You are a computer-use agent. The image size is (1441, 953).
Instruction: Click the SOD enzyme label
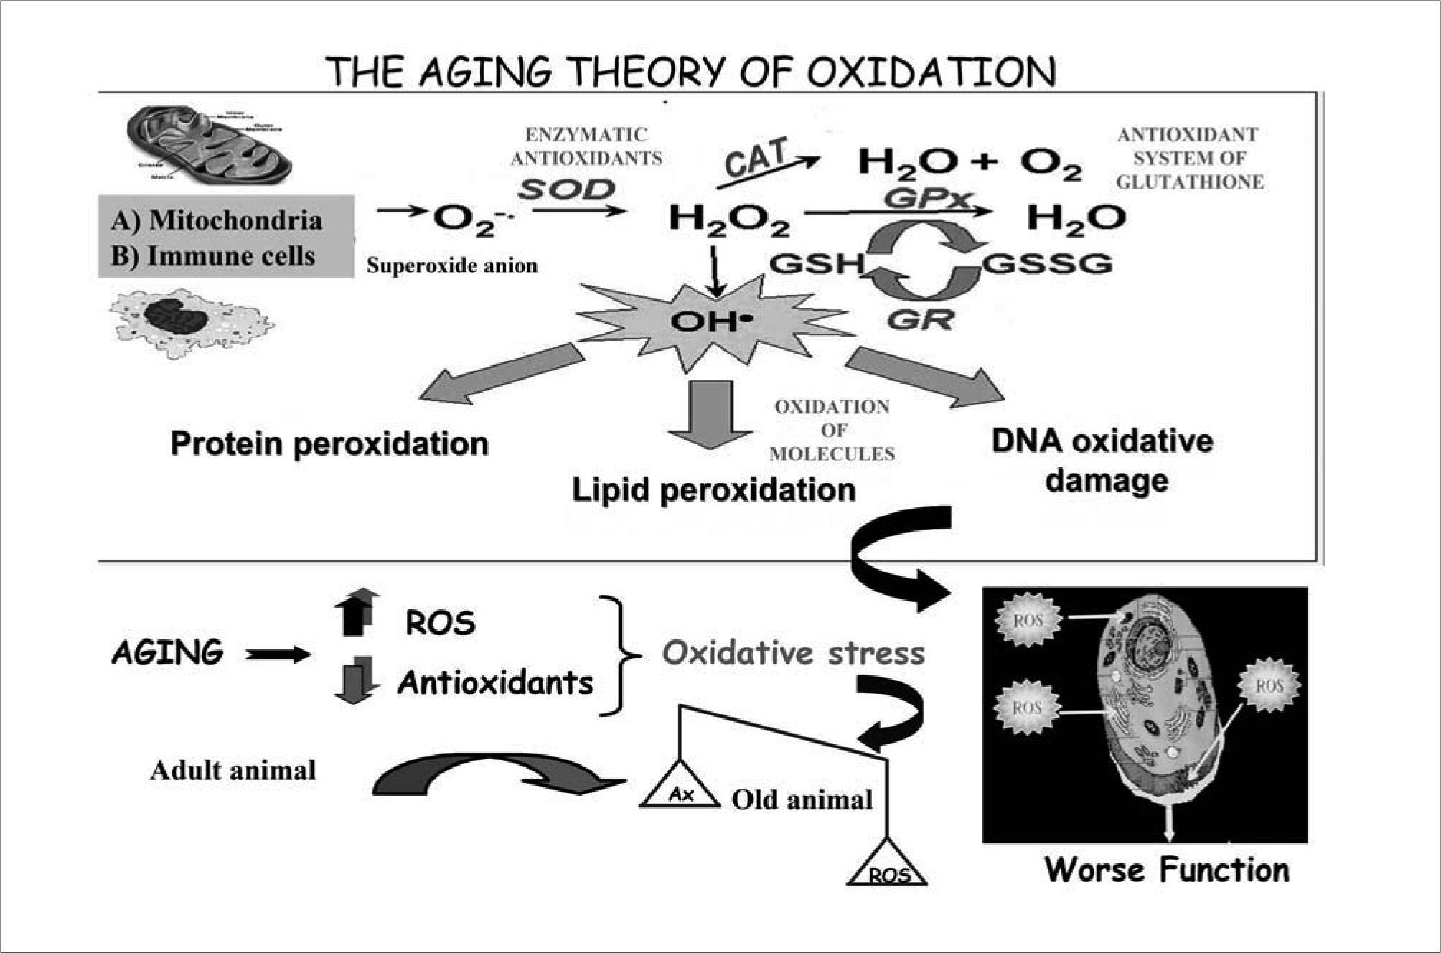coord(567,189)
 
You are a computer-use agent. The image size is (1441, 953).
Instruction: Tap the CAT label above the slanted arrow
coord(756,156)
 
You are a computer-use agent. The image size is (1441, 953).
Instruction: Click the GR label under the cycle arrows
coord(920,319)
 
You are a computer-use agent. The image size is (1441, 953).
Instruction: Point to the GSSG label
coord(1047,264)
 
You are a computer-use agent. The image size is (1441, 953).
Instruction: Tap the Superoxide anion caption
coord(451,266)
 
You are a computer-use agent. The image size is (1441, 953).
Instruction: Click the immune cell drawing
coord(191,320)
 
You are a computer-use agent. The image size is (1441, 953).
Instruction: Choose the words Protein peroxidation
coord(329,443)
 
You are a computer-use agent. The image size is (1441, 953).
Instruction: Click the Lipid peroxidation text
coord(713,490)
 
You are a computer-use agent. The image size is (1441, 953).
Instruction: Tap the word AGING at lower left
coord(168,653)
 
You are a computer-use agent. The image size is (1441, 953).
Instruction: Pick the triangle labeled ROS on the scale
coord(888,865)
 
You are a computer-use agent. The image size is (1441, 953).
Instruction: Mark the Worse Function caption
coord(1166,870)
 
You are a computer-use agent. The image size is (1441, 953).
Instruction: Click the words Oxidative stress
coord(793,653)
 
